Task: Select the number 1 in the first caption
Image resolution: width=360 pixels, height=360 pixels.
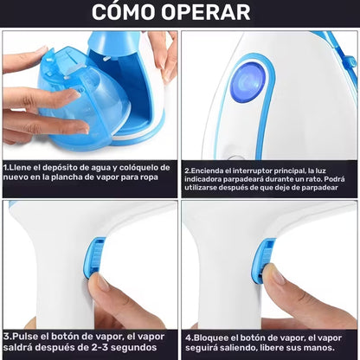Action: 5,168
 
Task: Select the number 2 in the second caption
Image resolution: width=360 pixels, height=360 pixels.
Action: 187,170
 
